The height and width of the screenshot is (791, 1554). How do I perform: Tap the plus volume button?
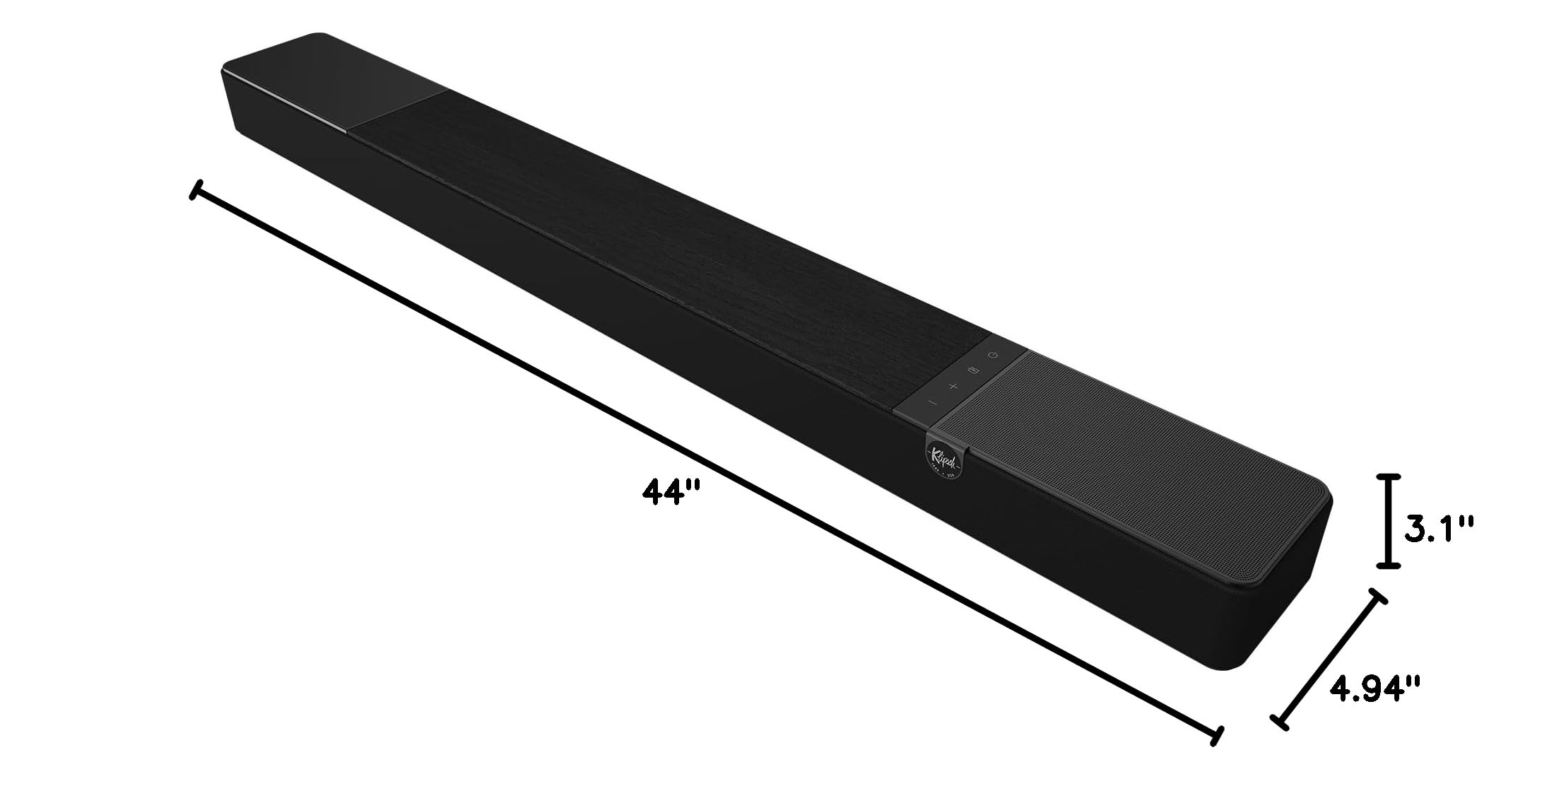pos(953,386)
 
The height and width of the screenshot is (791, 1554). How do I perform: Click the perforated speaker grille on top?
pos(1131,459)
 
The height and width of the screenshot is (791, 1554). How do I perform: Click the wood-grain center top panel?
pos(671,240)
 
